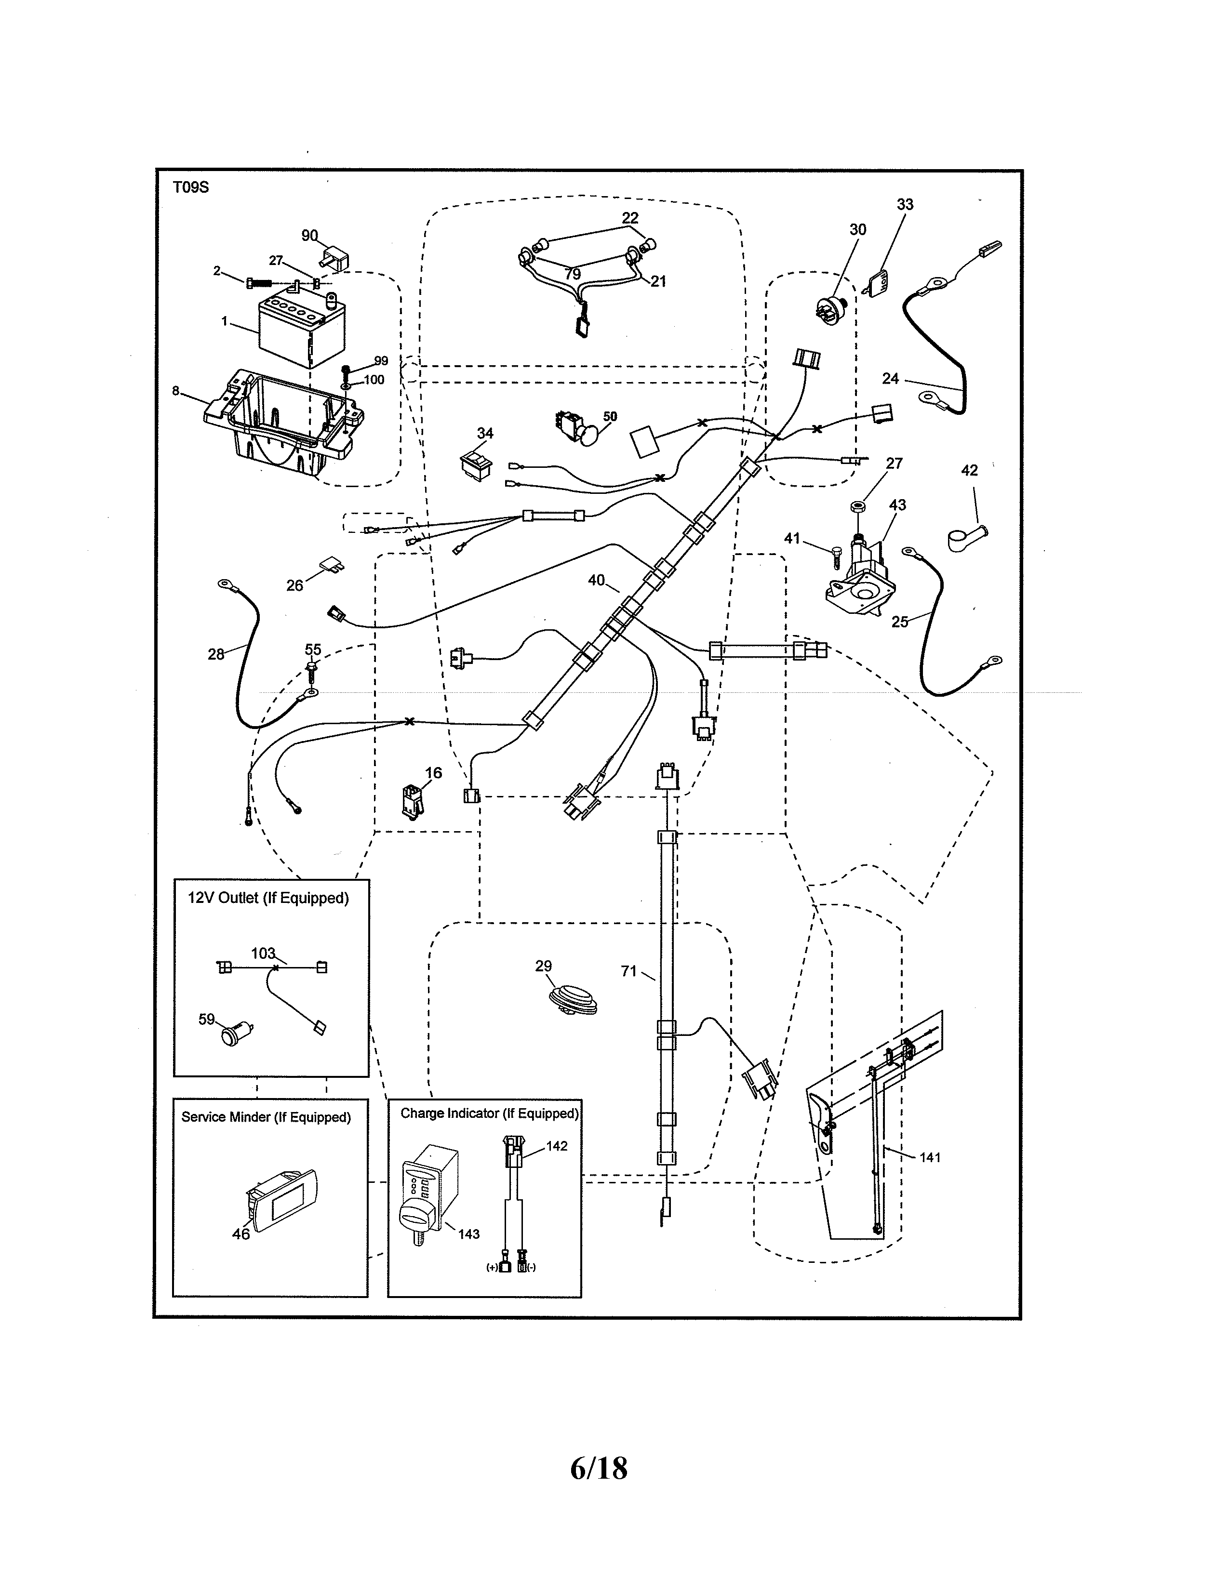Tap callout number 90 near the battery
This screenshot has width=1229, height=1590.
309,235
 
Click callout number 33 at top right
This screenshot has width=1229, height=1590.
904,205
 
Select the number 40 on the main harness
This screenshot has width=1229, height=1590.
596,580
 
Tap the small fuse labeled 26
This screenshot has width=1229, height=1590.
332,566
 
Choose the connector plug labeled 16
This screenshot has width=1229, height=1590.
410,801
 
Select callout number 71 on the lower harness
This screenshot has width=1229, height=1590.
629,970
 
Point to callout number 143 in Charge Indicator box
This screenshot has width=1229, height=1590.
469,1233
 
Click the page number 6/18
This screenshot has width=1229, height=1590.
599,1469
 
